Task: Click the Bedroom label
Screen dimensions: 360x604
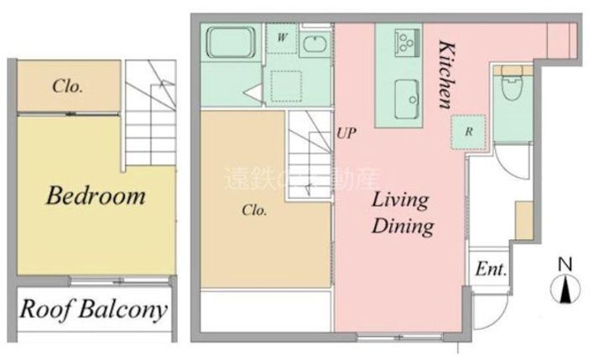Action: (x=96, y=196)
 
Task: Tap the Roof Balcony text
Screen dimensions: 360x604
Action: (x=93, y=309)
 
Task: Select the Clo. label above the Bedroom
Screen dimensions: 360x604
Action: (x=67, y=86)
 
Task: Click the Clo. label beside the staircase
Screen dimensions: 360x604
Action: (x=254, y=211)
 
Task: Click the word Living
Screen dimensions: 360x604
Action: (x=400, y=201)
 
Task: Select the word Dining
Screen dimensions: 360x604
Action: (x=403, y=226)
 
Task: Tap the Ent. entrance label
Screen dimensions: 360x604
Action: (x=490, y=269)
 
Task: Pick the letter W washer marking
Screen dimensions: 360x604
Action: (x=283, y=39)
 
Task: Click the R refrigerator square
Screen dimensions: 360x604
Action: (x=469, y=132)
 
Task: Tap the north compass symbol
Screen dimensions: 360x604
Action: (x=565, y=290)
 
